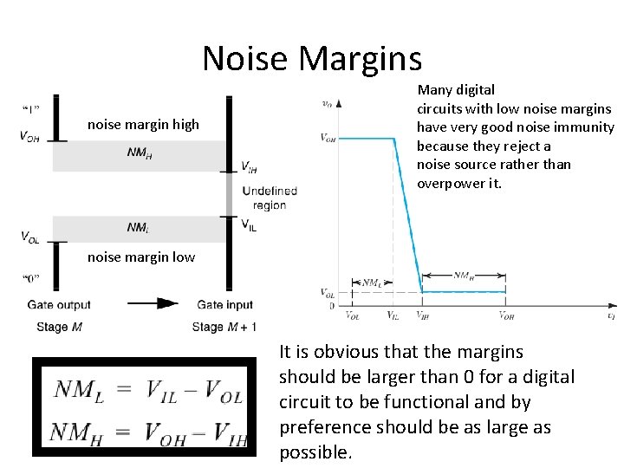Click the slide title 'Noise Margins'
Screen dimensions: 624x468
312,59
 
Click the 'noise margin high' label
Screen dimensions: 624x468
143,125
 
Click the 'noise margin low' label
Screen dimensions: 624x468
141,257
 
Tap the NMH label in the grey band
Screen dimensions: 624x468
139,156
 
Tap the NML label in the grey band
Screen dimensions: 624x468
138,228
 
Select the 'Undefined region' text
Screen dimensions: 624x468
270,198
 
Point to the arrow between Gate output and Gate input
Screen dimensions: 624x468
153,303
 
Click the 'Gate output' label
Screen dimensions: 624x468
59,304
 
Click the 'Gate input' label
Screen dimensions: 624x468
225,304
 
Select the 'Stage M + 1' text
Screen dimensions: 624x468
224,327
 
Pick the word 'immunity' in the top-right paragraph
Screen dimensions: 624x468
588,127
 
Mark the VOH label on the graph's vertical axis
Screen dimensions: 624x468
328,138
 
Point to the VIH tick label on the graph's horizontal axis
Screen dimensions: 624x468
421,316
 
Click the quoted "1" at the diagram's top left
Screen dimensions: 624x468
29,108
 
